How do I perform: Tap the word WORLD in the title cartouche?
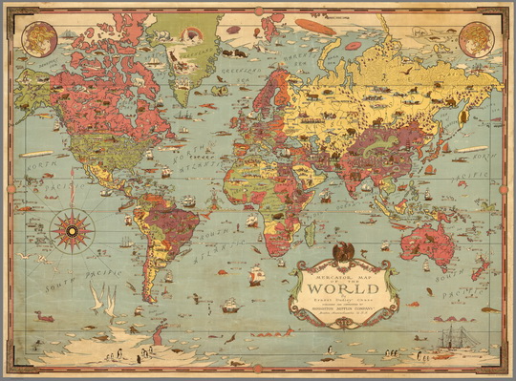click(x=345, y=287)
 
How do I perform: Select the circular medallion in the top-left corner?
click(x=37, y=38)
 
